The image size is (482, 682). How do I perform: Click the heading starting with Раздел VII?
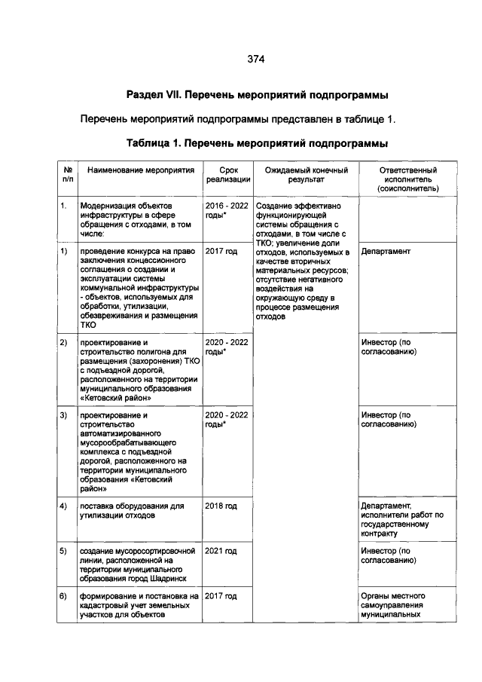pyautogui.click(x=256, y=96)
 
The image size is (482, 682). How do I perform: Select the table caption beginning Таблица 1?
pyautogui.click(x=257, y=142)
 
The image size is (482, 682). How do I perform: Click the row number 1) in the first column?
pyautogui.click(x=65, y=251)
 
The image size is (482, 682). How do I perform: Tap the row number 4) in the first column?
pyautogui.click(x=65, y=505)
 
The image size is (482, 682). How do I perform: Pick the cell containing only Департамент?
pyautogui.click(x=386, y=251)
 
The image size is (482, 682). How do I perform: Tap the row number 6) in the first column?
pyautogui.click(x=65, y=596)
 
